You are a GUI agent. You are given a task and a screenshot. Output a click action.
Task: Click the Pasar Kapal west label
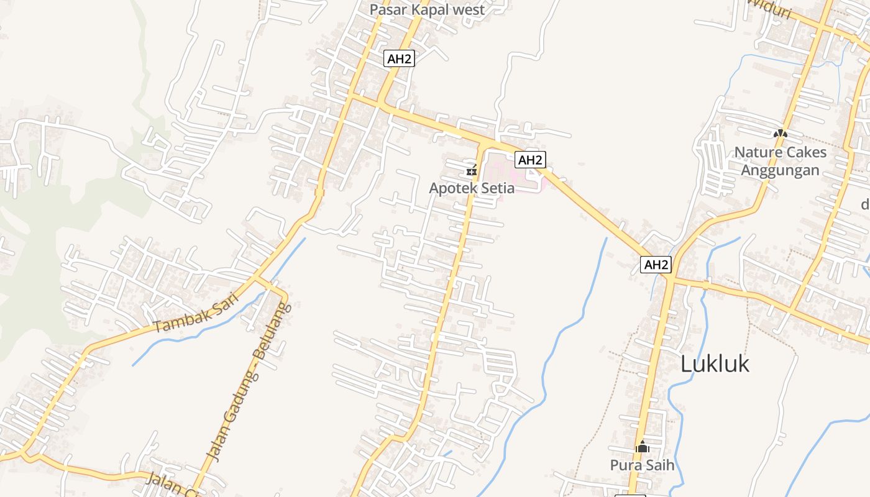click(427, 9)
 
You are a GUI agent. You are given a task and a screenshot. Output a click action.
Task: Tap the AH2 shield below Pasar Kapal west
click(399, 59)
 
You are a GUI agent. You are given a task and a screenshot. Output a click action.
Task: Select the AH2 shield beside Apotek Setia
click(530, 160)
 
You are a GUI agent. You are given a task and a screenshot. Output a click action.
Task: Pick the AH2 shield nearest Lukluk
click(656, 265)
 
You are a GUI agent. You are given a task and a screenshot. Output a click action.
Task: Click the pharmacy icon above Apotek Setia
click(472, 170)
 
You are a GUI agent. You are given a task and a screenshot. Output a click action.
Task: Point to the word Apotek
click(451, 188)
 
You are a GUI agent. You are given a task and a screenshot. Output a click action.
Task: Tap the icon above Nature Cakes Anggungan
click(780, 133)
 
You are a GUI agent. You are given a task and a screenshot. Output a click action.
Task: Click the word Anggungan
click(781, 170)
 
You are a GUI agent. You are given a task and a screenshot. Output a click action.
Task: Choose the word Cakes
click(807, 152)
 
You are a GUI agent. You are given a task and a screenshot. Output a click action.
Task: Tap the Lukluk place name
click(715, 364)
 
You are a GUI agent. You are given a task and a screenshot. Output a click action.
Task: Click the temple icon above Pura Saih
click(642, 446)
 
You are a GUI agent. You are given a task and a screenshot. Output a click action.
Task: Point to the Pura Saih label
click(642, 465)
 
